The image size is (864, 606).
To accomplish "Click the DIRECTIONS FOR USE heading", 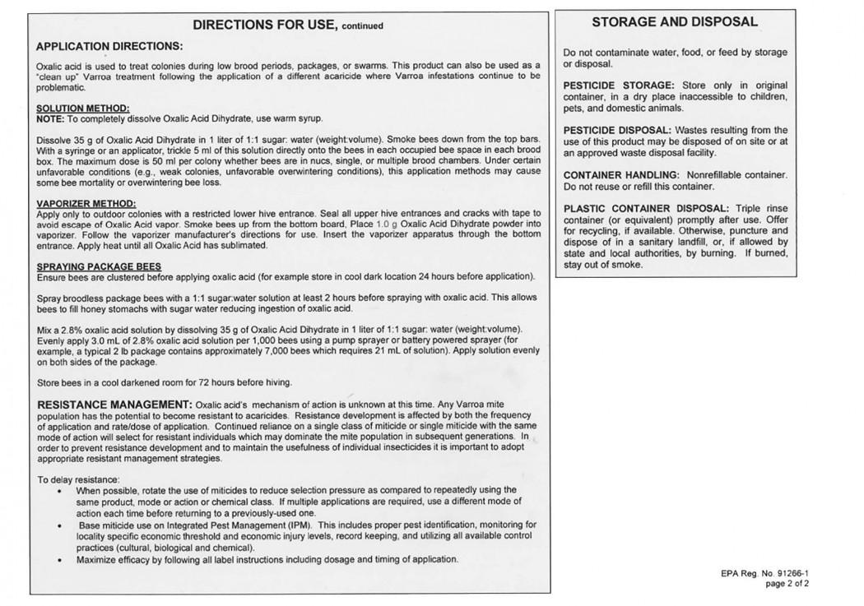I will [x=265, y=25].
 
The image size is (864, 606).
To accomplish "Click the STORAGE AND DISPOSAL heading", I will [x=675, y=22].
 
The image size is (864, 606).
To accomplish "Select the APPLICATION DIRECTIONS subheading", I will [x=109, y=46].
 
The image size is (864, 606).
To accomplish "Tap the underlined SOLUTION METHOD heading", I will [x=83, y=109].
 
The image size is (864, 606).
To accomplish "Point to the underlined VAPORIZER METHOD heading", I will [x=86, y=203].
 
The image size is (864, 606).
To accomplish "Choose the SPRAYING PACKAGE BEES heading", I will [x=99, y=266].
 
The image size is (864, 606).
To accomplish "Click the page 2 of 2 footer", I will [x=787, y=584].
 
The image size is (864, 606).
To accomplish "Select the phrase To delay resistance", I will [x=79, y=479].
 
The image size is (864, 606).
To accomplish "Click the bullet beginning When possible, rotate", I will [x=60, y=491].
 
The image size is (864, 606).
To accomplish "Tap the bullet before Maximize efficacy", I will [x=60, y=560].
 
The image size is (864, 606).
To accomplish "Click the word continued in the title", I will [x=363, y=26].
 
